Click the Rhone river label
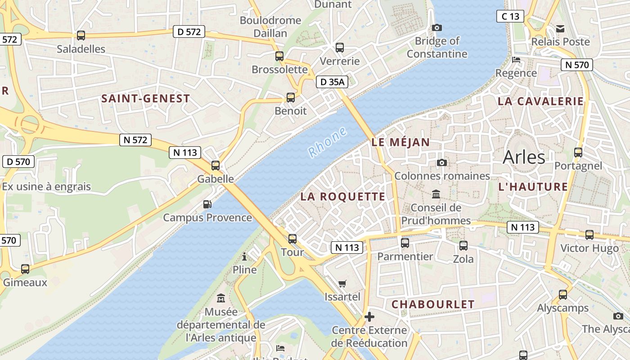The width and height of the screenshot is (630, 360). (x=328, y=142)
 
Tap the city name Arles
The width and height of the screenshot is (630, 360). (x=524, y=157)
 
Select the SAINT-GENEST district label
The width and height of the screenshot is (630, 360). (x=145, y=99)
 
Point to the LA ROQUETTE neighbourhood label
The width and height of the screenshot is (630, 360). (x=343, y=197)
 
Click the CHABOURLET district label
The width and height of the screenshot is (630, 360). (x=433, y=304)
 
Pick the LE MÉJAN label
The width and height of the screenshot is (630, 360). (x=400, y=142)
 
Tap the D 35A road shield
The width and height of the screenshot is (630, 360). (x=333, y=82)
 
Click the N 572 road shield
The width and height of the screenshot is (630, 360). (x=135, y=140)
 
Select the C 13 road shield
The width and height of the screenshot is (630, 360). (x=510, y=17)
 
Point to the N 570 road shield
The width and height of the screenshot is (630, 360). (x=576, y=65)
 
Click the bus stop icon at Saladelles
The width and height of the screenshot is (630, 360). (x=81, y=35)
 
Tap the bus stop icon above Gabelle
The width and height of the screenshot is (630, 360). (x=216, y=165)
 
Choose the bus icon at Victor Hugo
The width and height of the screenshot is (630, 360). (x=589, y=234)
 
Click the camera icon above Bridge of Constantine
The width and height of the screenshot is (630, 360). (x=436, y=27)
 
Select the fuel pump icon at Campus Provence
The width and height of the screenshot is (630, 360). (x=207, y=204)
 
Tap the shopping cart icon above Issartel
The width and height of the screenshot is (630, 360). (x=342, y=283)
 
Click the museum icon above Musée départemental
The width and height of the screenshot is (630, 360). (x=221, y=298)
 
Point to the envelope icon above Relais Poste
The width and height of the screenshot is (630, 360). (x=560, y=28)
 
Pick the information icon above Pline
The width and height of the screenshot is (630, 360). (x=244, y=256)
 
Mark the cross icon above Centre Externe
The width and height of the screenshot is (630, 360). (x=369, y=317)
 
